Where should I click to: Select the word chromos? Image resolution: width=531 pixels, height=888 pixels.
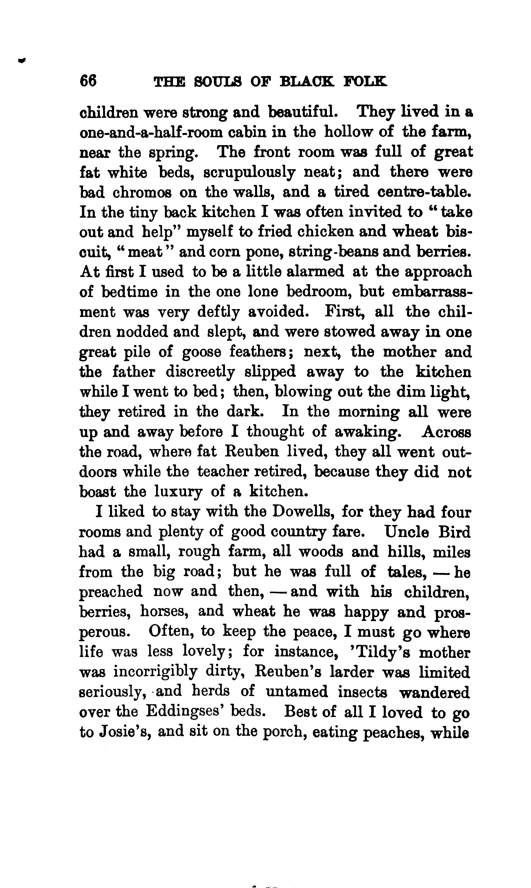coord(142,192)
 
